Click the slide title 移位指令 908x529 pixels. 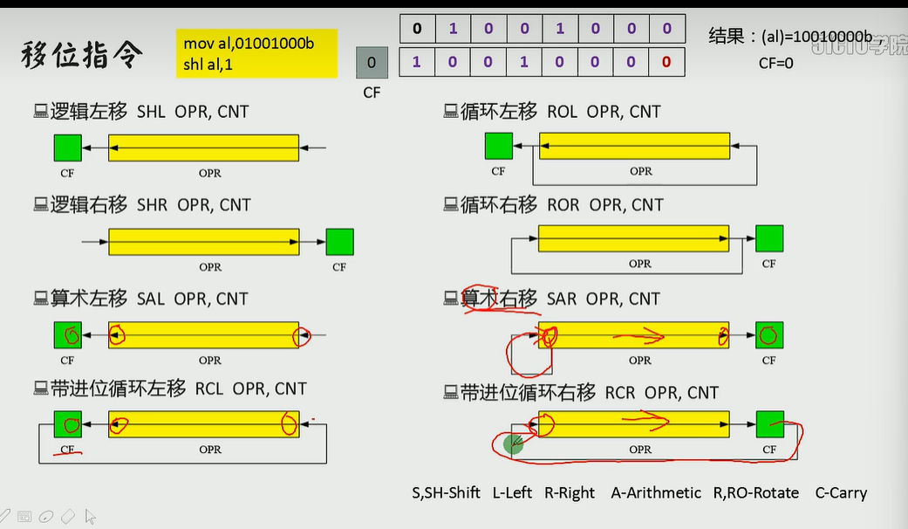click(82, 56)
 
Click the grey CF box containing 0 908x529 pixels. click(372, 63)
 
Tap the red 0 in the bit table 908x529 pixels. click(666, 62)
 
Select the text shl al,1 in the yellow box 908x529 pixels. click(208, 64)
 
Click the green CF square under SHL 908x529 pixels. click(68, 148)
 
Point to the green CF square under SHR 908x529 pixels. click(339, 242)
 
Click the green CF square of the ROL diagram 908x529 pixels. click(499, 146)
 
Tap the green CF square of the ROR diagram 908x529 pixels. click(768, 238)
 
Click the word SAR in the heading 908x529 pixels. click(562, 299)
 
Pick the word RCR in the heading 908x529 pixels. click(620, 393)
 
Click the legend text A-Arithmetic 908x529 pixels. click(656, 493)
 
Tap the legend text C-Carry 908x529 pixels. click(841, 493)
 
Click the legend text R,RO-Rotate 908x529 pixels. click(756, 493)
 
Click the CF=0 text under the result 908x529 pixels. click(776, 63)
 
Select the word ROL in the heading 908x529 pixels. click(562, 112)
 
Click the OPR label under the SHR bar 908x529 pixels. click(210, 267)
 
